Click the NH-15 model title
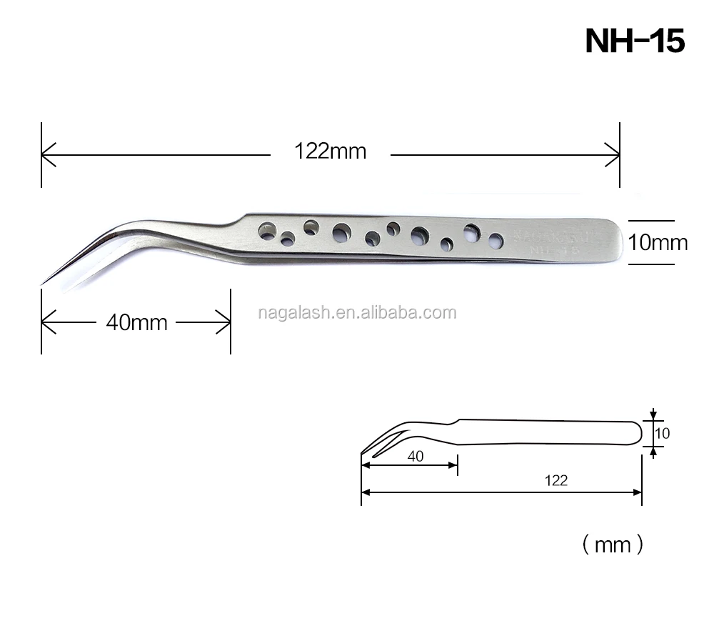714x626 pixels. (x=635, y=41)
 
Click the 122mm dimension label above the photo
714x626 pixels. (x=330, y=151)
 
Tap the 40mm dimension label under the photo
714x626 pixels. (x=136, y=323)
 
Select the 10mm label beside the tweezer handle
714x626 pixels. (x=658, y=243)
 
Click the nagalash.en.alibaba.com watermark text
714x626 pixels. (x=356, y=312)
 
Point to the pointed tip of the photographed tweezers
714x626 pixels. (x=43, y=284)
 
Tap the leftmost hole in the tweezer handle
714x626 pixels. (x=268, y=231)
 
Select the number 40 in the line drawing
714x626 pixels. (x=416, y=457)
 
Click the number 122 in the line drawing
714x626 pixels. (x=555, y=480)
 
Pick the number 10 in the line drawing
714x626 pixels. (x=663, y=433)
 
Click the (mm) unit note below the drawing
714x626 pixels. (x=613, y=546)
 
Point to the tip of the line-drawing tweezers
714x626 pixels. (x=363, y=454)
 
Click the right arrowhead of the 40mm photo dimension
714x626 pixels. (x=226, y=323)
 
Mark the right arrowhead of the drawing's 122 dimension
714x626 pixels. (x=638, y=492)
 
